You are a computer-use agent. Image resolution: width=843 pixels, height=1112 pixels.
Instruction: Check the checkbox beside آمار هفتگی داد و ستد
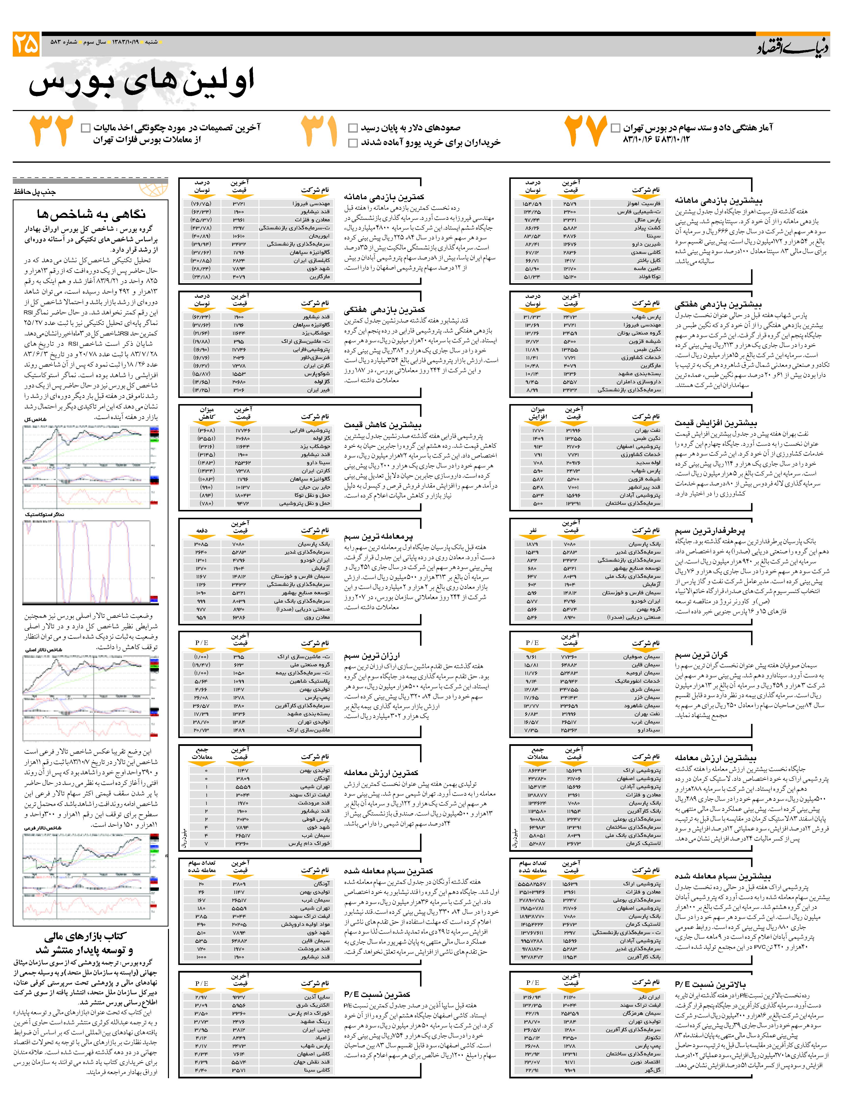click(x=615, y=128)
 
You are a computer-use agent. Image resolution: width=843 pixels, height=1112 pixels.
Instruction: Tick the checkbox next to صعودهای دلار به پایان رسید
click(x=353, y=128)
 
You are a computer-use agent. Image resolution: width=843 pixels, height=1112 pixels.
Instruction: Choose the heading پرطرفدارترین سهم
click(x=710, y=530)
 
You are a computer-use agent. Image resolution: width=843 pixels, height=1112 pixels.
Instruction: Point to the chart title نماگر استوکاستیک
click(x=45, y=514)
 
